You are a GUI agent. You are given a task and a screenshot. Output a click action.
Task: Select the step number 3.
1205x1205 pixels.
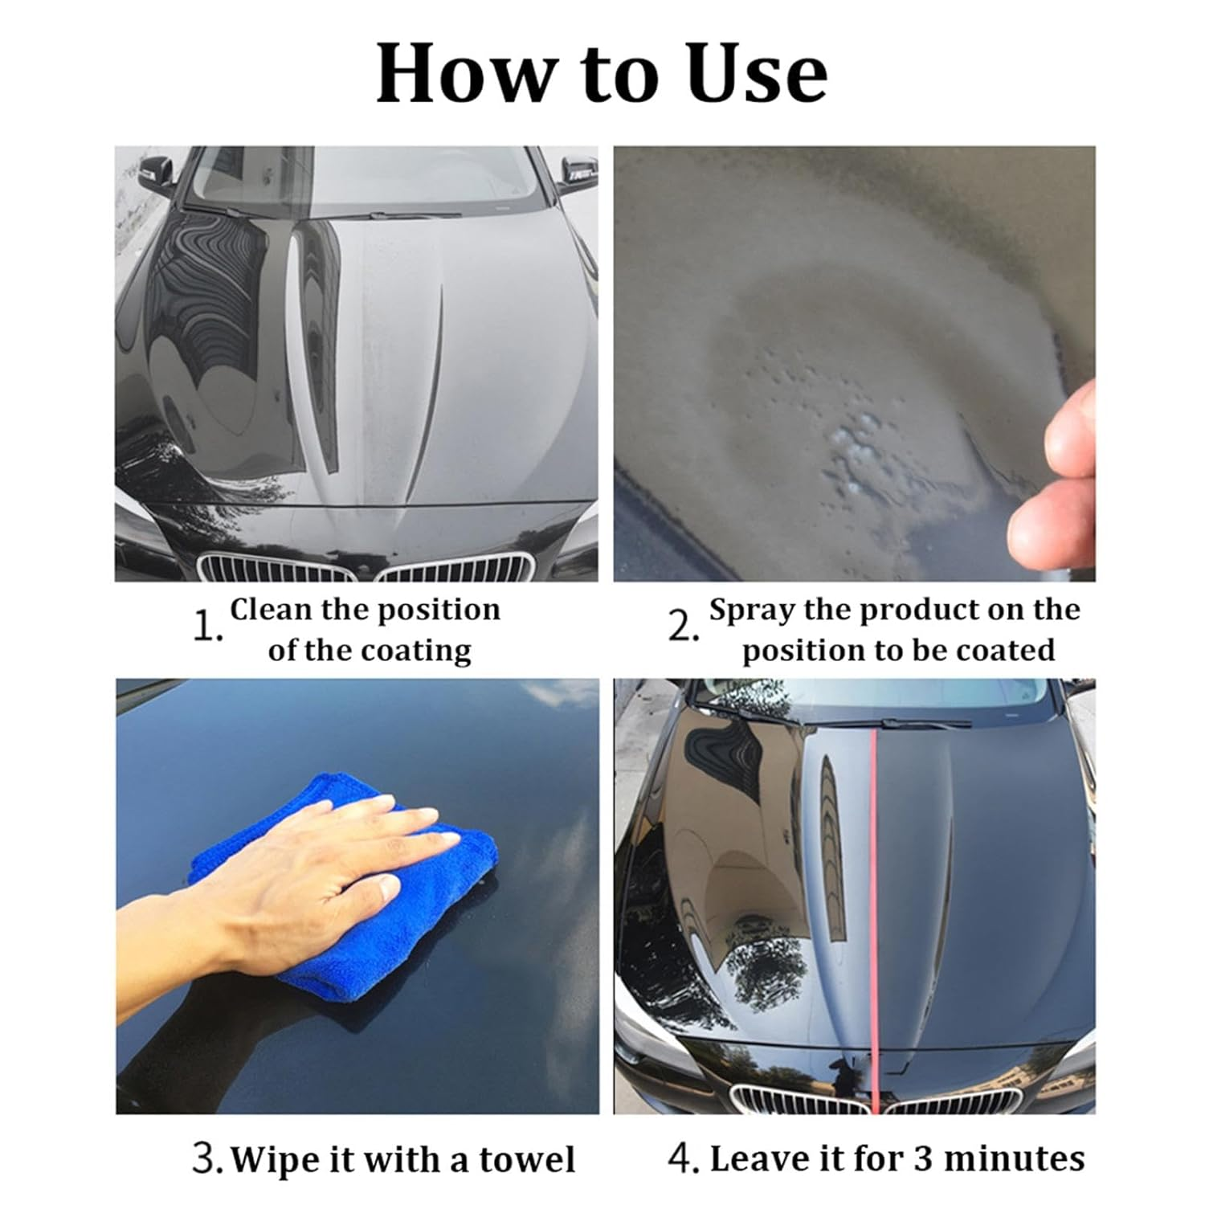(207, 1159)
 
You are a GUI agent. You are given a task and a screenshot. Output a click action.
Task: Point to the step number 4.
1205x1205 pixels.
(683, 1159)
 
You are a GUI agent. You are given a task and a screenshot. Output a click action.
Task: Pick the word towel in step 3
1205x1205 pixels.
(527, 1160)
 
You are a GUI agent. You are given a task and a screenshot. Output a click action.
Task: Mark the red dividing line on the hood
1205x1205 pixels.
(872, 924)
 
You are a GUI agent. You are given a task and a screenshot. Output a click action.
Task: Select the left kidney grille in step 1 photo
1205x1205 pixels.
(277, 569)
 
